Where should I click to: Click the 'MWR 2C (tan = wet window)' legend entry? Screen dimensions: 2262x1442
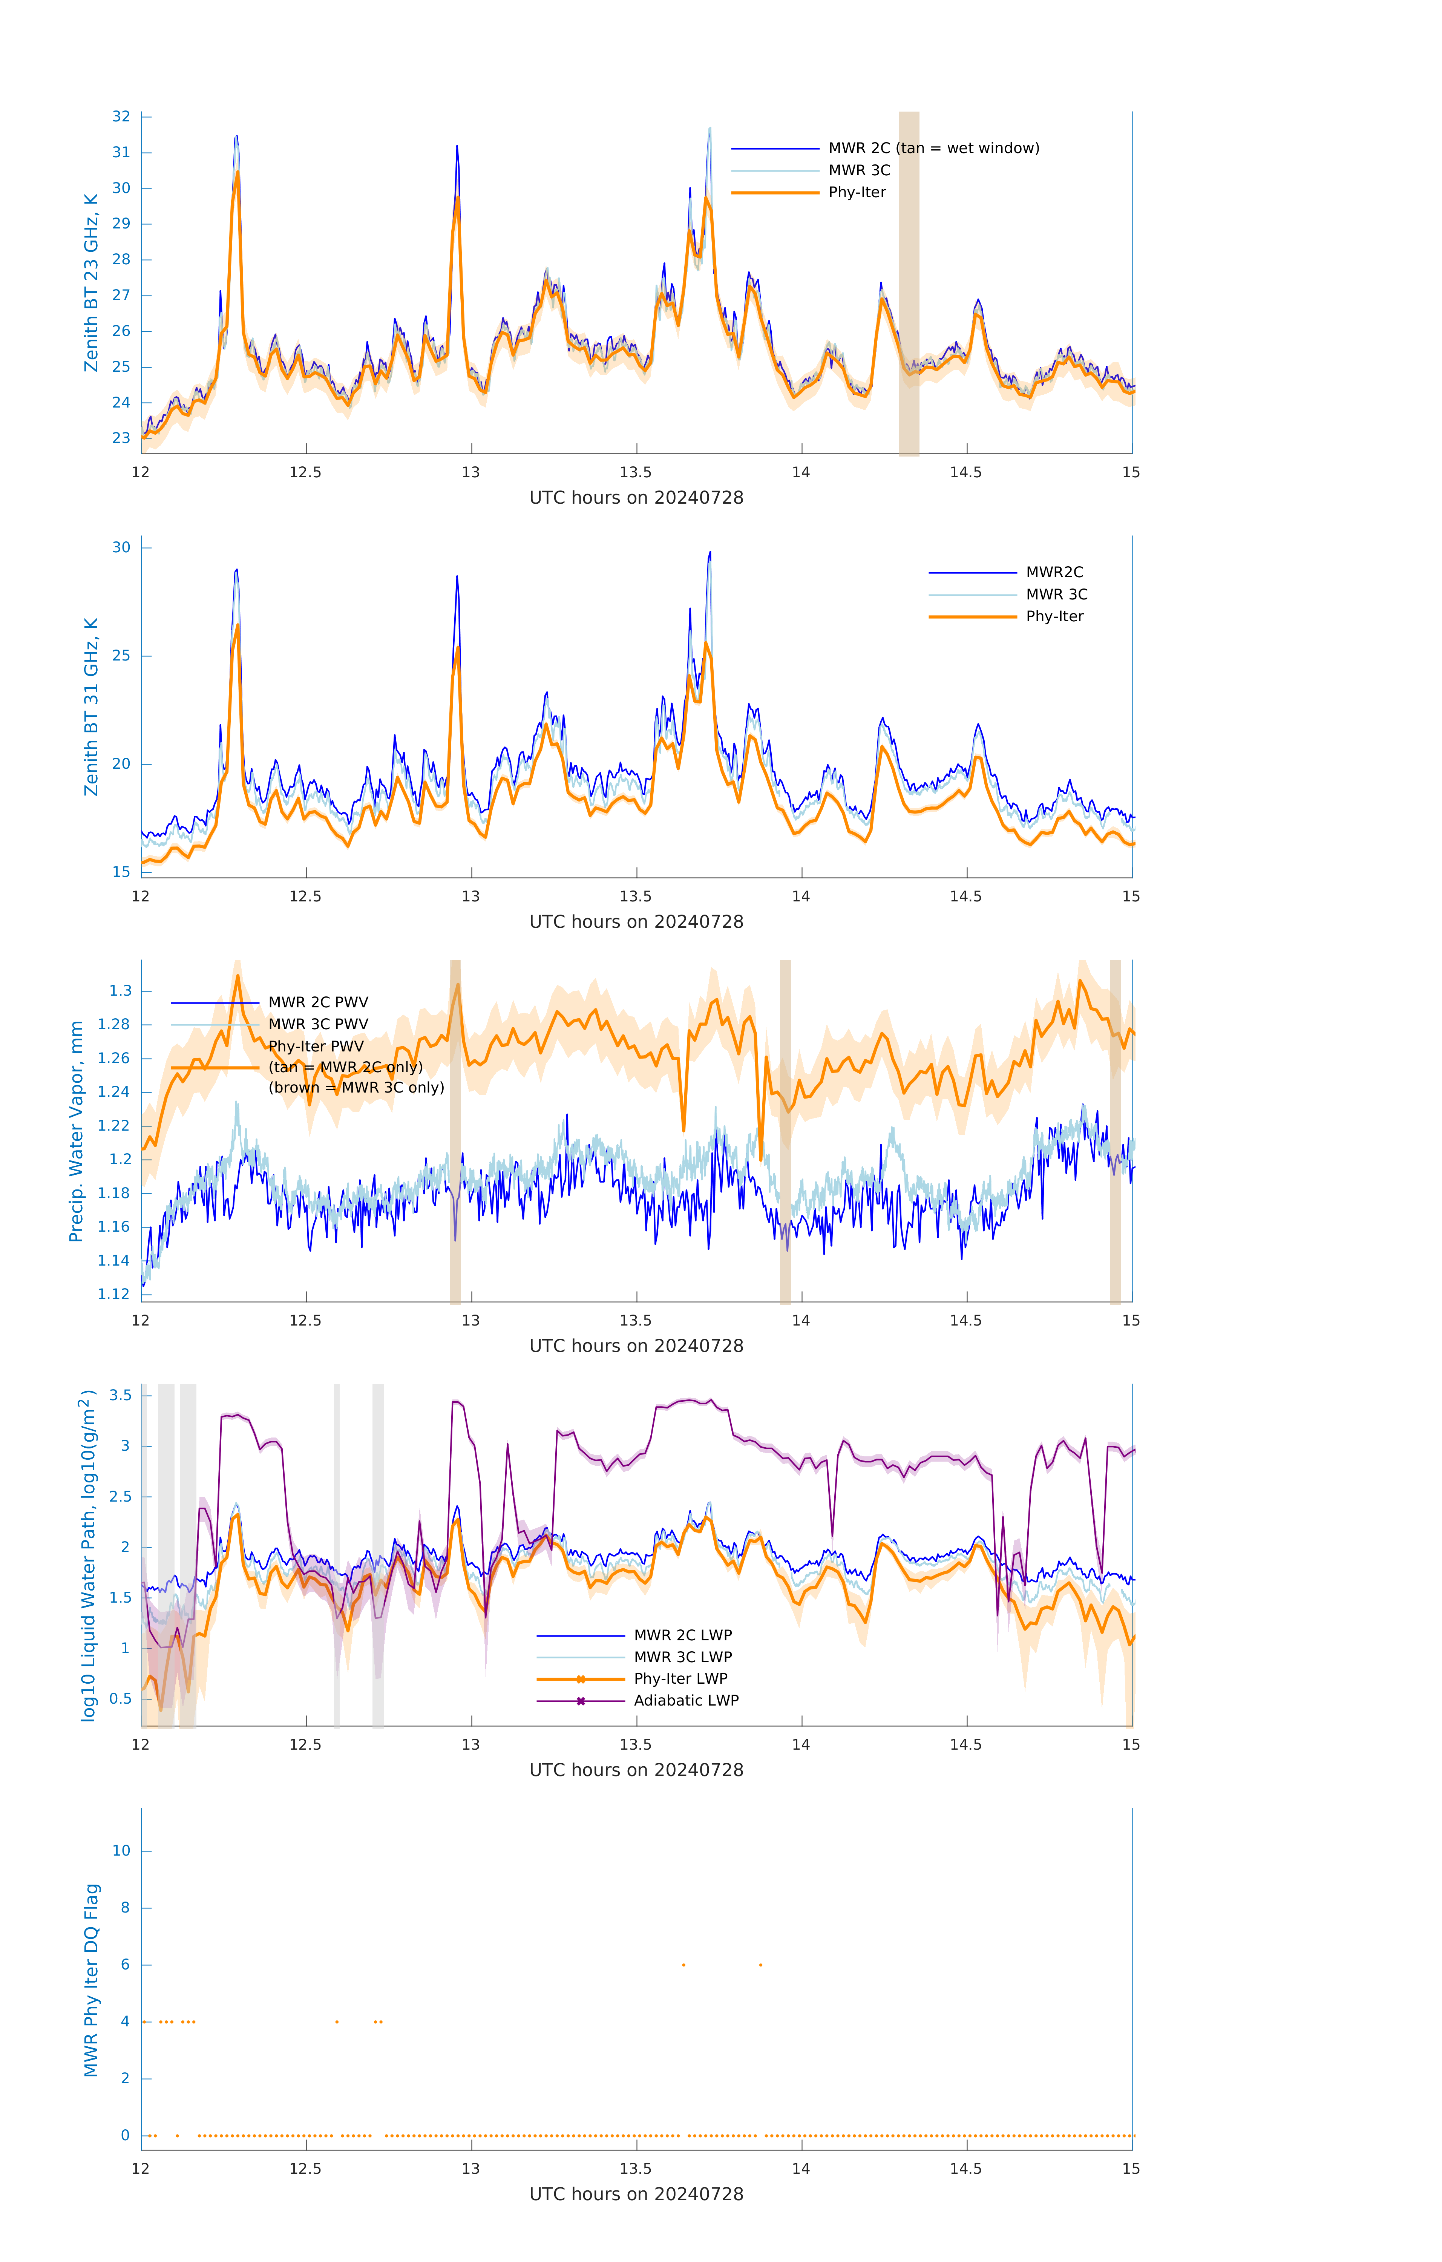pyautogui.click(x=933, y=149)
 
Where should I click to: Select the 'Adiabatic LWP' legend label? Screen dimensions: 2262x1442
pyautogui.click(x=686, y=1700)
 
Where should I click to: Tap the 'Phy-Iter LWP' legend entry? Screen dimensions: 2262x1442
pyautogui.click(x=680, y=1679)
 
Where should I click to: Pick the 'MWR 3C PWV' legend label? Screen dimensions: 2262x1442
pyautogui.click(x=317, y=1024)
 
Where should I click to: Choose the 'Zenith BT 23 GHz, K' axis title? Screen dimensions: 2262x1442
pyautogui.click(x=91, y=283)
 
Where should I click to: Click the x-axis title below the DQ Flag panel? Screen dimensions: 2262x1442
pyautogui.click(x=636, y=2195)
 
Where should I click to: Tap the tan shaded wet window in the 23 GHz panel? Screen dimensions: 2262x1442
pyautogui.click(x=909, y=282)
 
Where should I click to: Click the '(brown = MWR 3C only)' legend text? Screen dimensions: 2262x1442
pyautogui.click(x=356, y=1088)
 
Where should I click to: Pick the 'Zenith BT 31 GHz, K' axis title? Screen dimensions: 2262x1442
pyautogui.click(x=91, y=707)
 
